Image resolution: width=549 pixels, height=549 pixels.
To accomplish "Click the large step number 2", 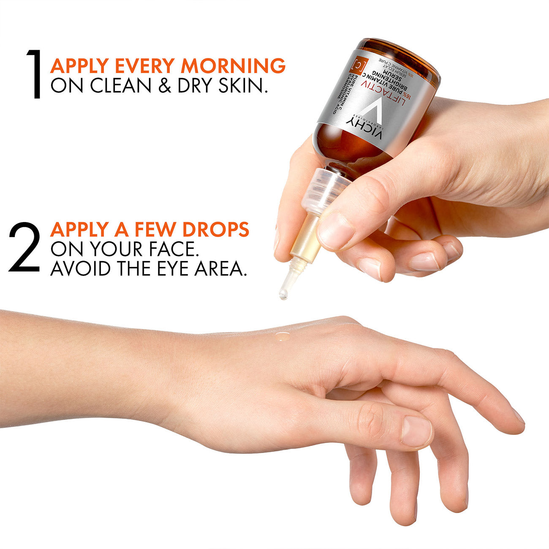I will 24,247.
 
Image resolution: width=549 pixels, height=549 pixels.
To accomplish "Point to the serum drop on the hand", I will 283,336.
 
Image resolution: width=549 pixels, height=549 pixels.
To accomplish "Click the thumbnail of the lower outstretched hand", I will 416,431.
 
